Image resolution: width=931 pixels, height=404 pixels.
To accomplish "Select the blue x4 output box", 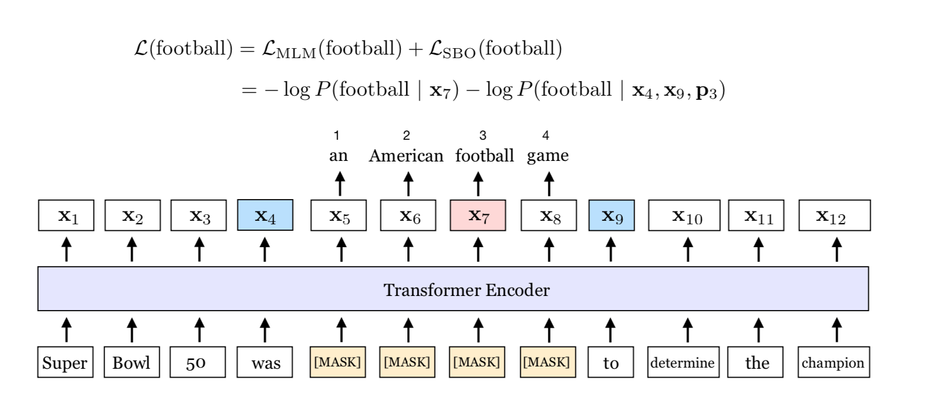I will (265, 216).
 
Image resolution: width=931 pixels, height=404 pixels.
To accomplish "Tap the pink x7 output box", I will (478, 216).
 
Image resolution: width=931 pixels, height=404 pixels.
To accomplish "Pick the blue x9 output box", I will (611, 216).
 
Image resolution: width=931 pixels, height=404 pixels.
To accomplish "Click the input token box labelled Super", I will (65, 362).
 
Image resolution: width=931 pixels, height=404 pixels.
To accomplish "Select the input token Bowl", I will (131, 362).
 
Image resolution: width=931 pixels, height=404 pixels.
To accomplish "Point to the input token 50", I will (197, 362).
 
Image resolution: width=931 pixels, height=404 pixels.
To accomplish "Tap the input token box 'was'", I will (265, 362).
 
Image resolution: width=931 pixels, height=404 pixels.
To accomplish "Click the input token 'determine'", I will (683, 362).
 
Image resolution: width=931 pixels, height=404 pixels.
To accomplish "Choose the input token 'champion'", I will (834, 362).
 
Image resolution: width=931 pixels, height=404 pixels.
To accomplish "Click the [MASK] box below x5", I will (338, 362).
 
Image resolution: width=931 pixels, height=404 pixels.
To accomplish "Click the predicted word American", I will (406, 156).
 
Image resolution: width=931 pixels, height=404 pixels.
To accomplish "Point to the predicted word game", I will (548, 156).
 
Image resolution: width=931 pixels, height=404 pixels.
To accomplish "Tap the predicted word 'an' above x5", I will (338, 156).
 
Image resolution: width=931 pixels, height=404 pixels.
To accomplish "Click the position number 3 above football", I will (483, 136).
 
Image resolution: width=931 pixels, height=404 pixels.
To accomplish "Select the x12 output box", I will (834, 216).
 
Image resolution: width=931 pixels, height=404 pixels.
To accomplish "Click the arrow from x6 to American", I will (408, 183).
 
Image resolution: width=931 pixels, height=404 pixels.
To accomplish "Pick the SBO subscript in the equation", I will (460, 53).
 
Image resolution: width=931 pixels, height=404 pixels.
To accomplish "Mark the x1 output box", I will (66, 216).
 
